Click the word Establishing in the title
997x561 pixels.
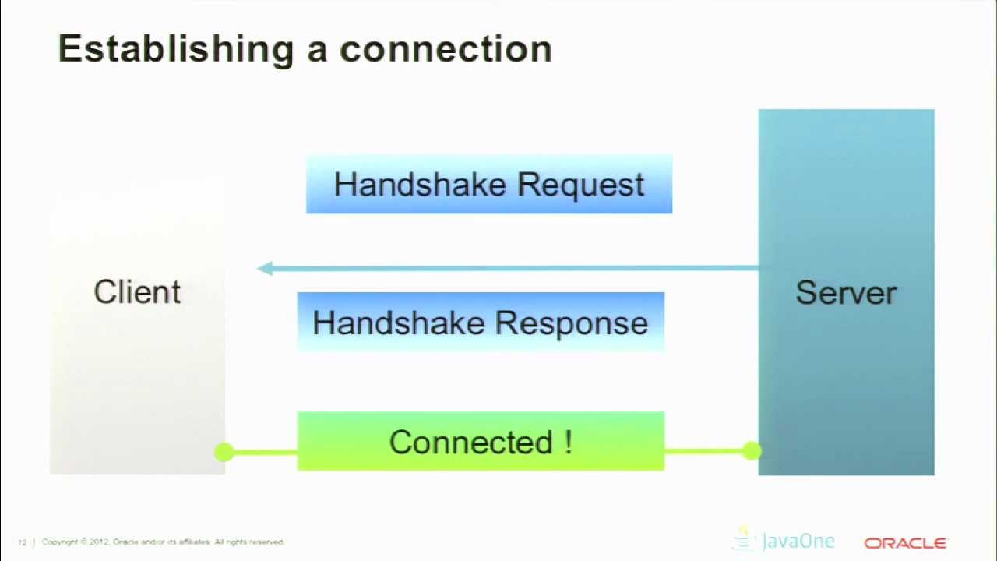point(175,49)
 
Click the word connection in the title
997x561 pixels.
point(446,49)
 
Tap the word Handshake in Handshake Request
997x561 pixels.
point(421,185)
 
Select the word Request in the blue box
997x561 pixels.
point(581,185)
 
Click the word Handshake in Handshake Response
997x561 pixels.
point(399,323)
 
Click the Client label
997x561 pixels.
point(137,292)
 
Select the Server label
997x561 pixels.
point(846,293)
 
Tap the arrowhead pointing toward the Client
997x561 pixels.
point(265,269)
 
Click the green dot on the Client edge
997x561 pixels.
point(223,452)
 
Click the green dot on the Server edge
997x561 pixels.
point(752,450)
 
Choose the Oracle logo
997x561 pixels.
point(905,543)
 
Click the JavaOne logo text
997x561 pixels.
point(798,542)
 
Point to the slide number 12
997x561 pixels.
point(23,542)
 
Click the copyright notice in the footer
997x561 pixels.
point(163,542)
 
